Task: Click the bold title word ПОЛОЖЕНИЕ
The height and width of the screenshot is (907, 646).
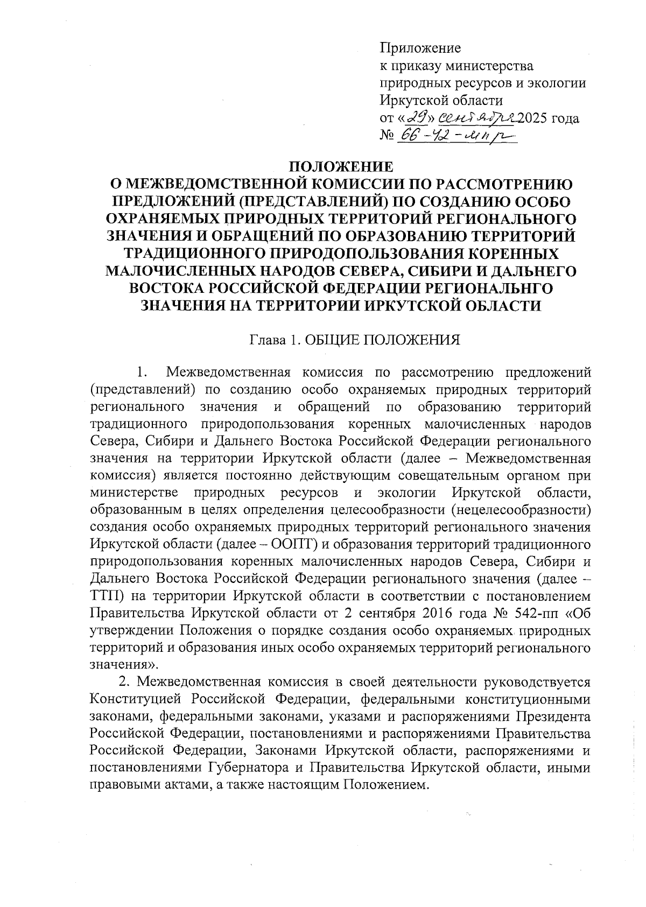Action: point(342,166)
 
